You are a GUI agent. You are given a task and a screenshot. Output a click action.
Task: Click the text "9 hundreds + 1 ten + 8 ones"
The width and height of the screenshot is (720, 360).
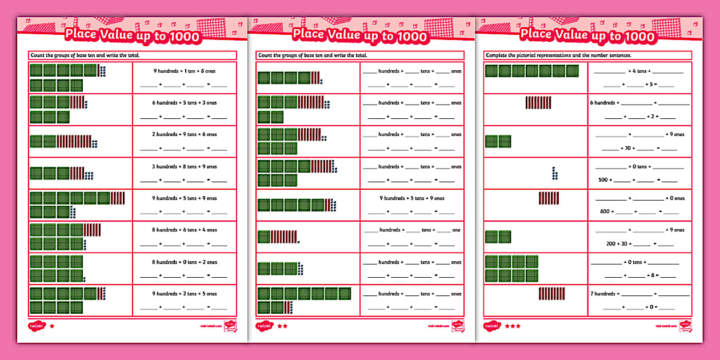coord(185,71)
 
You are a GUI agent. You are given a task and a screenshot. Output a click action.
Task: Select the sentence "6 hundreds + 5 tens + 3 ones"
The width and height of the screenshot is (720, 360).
coord(185,103)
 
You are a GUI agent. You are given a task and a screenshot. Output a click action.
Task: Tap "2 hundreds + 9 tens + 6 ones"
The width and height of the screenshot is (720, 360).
coord(185,134)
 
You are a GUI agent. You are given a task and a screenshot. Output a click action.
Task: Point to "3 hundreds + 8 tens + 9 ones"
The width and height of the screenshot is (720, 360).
coord(185,167)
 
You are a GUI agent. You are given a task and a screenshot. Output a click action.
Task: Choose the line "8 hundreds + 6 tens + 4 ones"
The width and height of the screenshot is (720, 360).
coord(185,230)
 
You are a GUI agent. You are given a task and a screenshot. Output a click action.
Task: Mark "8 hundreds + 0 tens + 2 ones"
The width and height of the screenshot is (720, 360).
coord(185,262)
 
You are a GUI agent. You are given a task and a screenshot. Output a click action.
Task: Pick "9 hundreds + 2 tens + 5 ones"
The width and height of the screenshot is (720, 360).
coord(185,294)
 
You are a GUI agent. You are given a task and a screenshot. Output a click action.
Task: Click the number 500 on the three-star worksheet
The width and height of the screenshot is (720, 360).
coord(603,179)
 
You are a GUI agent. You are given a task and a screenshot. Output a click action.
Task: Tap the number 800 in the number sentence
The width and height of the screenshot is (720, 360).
coord(604,211)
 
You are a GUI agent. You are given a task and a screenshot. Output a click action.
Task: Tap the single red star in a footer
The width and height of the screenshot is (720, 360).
coord(53,326)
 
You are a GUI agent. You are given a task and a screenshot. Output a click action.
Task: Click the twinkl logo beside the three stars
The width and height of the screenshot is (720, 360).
coord(491,326)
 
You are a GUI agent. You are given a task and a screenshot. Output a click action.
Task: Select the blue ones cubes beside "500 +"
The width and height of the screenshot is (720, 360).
coord(554,173)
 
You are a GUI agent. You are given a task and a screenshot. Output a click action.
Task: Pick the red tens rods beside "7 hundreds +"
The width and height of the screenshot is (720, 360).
coord(551,294)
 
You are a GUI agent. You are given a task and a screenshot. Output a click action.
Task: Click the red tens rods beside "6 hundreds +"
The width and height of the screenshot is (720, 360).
coord(538,103)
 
